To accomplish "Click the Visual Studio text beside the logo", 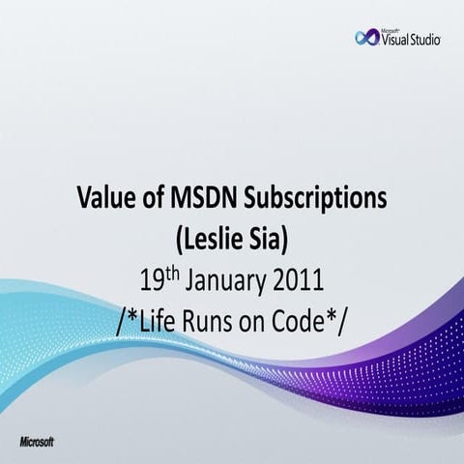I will [x=412, y=41].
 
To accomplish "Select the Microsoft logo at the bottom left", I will [x=37, y=441].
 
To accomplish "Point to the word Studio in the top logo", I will [x=425, y=41].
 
